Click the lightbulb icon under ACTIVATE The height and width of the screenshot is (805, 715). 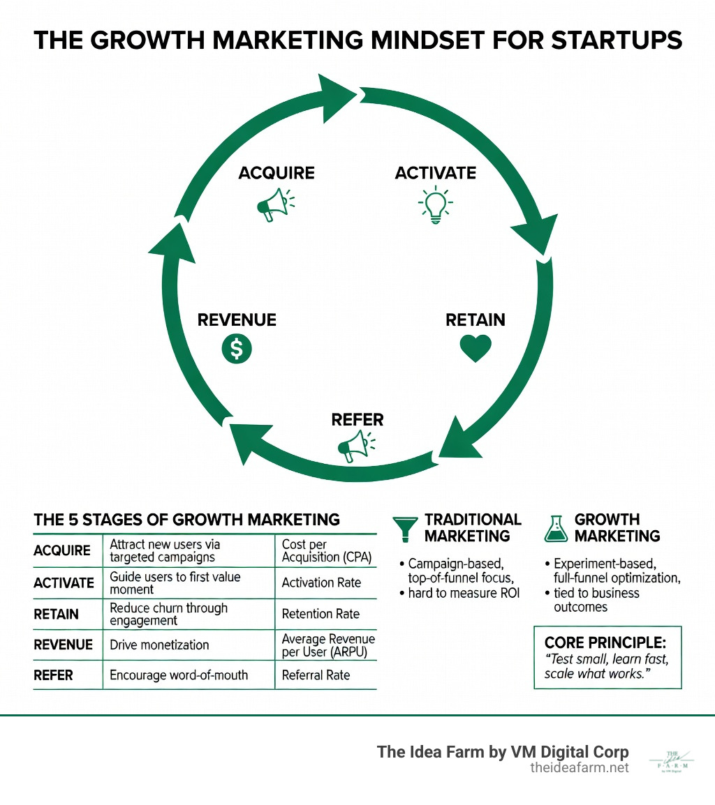click(435, 204)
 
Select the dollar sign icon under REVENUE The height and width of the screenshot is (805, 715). click(236, 349)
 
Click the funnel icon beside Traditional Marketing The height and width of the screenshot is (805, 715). click(406, 528)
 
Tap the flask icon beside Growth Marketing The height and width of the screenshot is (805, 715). click(554, 528)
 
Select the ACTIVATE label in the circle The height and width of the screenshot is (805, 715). click(435, 172)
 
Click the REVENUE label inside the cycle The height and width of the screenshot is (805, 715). click(237, 319)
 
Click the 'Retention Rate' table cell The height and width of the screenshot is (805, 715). click(320, 614)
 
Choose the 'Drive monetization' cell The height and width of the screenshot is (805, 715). click(159, 645)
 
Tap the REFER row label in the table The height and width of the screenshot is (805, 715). click(53, 675)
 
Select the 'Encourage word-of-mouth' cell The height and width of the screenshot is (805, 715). click(179, 675)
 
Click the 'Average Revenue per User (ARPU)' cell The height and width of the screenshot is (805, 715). click(328, 645)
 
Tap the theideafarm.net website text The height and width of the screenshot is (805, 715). click(580, 767)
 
